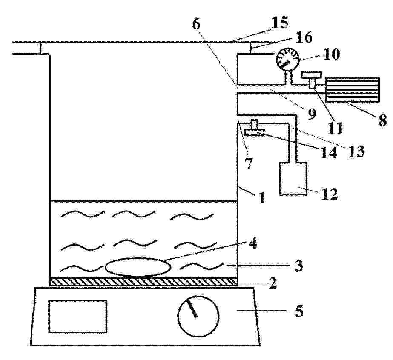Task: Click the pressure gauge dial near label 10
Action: click(288, 60)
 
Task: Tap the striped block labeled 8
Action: click(352, 90)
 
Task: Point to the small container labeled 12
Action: click(293, 178)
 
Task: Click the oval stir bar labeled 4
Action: click(138, 267)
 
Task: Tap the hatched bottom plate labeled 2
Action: click(143, 281)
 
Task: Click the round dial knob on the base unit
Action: click(198, 316)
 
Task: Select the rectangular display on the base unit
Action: click(77, 316)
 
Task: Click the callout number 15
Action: click(280, 23)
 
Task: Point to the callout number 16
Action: click(304, 37)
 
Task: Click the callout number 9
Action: click(312, 114)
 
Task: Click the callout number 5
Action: click(299, 311)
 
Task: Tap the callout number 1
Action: click(261, 198)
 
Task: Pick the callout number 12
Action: click(330, 194)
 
